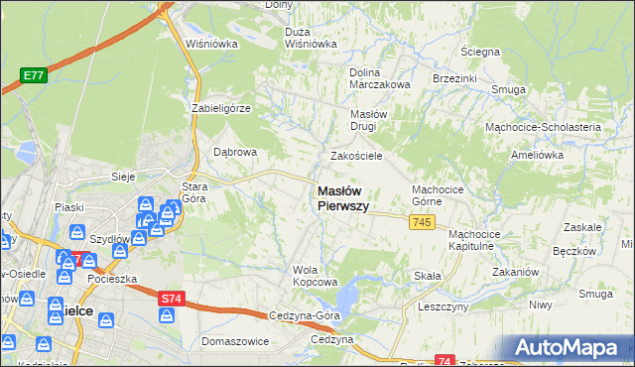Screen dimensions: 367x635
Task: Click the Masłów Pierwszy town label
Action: pyautogui.click(x=343, y=198)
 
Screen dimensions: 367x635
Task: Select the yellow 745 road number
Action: pyautogui.click(x=421, y=224)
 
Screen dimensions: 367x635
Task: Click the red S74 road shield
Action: pyautogui.click(x=170, y=296)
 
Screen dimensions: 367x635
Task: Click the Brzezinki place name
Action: pyautogui.click(x=455, y=77)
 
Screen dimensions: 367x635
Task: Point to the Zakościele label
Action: pyautogui.click(x=356, y=156)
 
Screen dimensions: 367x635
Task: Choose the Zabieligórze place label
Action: pyautogui.click(x=221, y=107)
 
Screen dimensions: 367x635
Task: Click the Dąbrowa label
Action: pyautogui.click(x=236, y=152)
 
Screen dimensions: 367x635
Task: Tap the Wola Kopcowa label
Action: pyautogui.click(x=309, y=275)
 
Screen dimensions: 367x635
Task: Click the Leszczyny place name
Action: pyautogui.click(x=443, y=307)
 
